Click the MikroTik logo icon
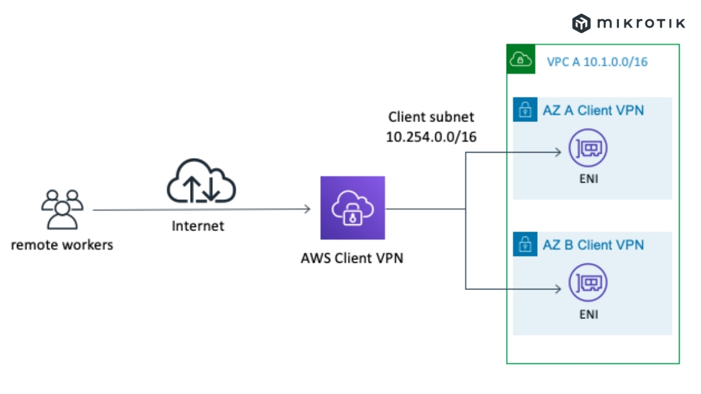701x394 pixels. pos(581,23)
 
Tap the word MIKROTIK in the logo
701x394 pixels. pos(641,23)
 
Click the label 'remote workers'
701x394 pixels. pos(62,244)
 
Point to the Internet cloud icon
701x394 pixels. pos(201,182)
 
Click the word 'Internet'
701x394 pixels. pos(198,225)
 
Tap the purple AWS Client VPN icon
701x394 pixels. pos(353,208)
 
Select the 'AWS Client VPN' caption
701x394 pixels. pos(352,258)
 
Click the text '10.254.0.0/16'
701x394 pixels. pos(431,137)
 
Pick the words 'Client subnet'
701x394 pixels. pos(431,117)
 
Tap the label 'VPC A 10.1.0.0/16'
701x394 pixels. pos(597,62)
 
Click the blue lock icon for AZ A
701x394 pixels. pos(525,109)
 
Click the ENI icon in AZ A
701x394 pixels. pos(588,148)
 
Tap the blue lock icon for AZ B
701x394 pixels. pos(525,244)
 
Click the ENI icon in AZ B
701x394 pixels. pos(588,283)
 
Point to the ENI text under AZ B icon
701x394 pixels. pos(588,314)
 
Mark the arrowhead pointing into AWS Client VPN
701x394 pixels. pos(307,208)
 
